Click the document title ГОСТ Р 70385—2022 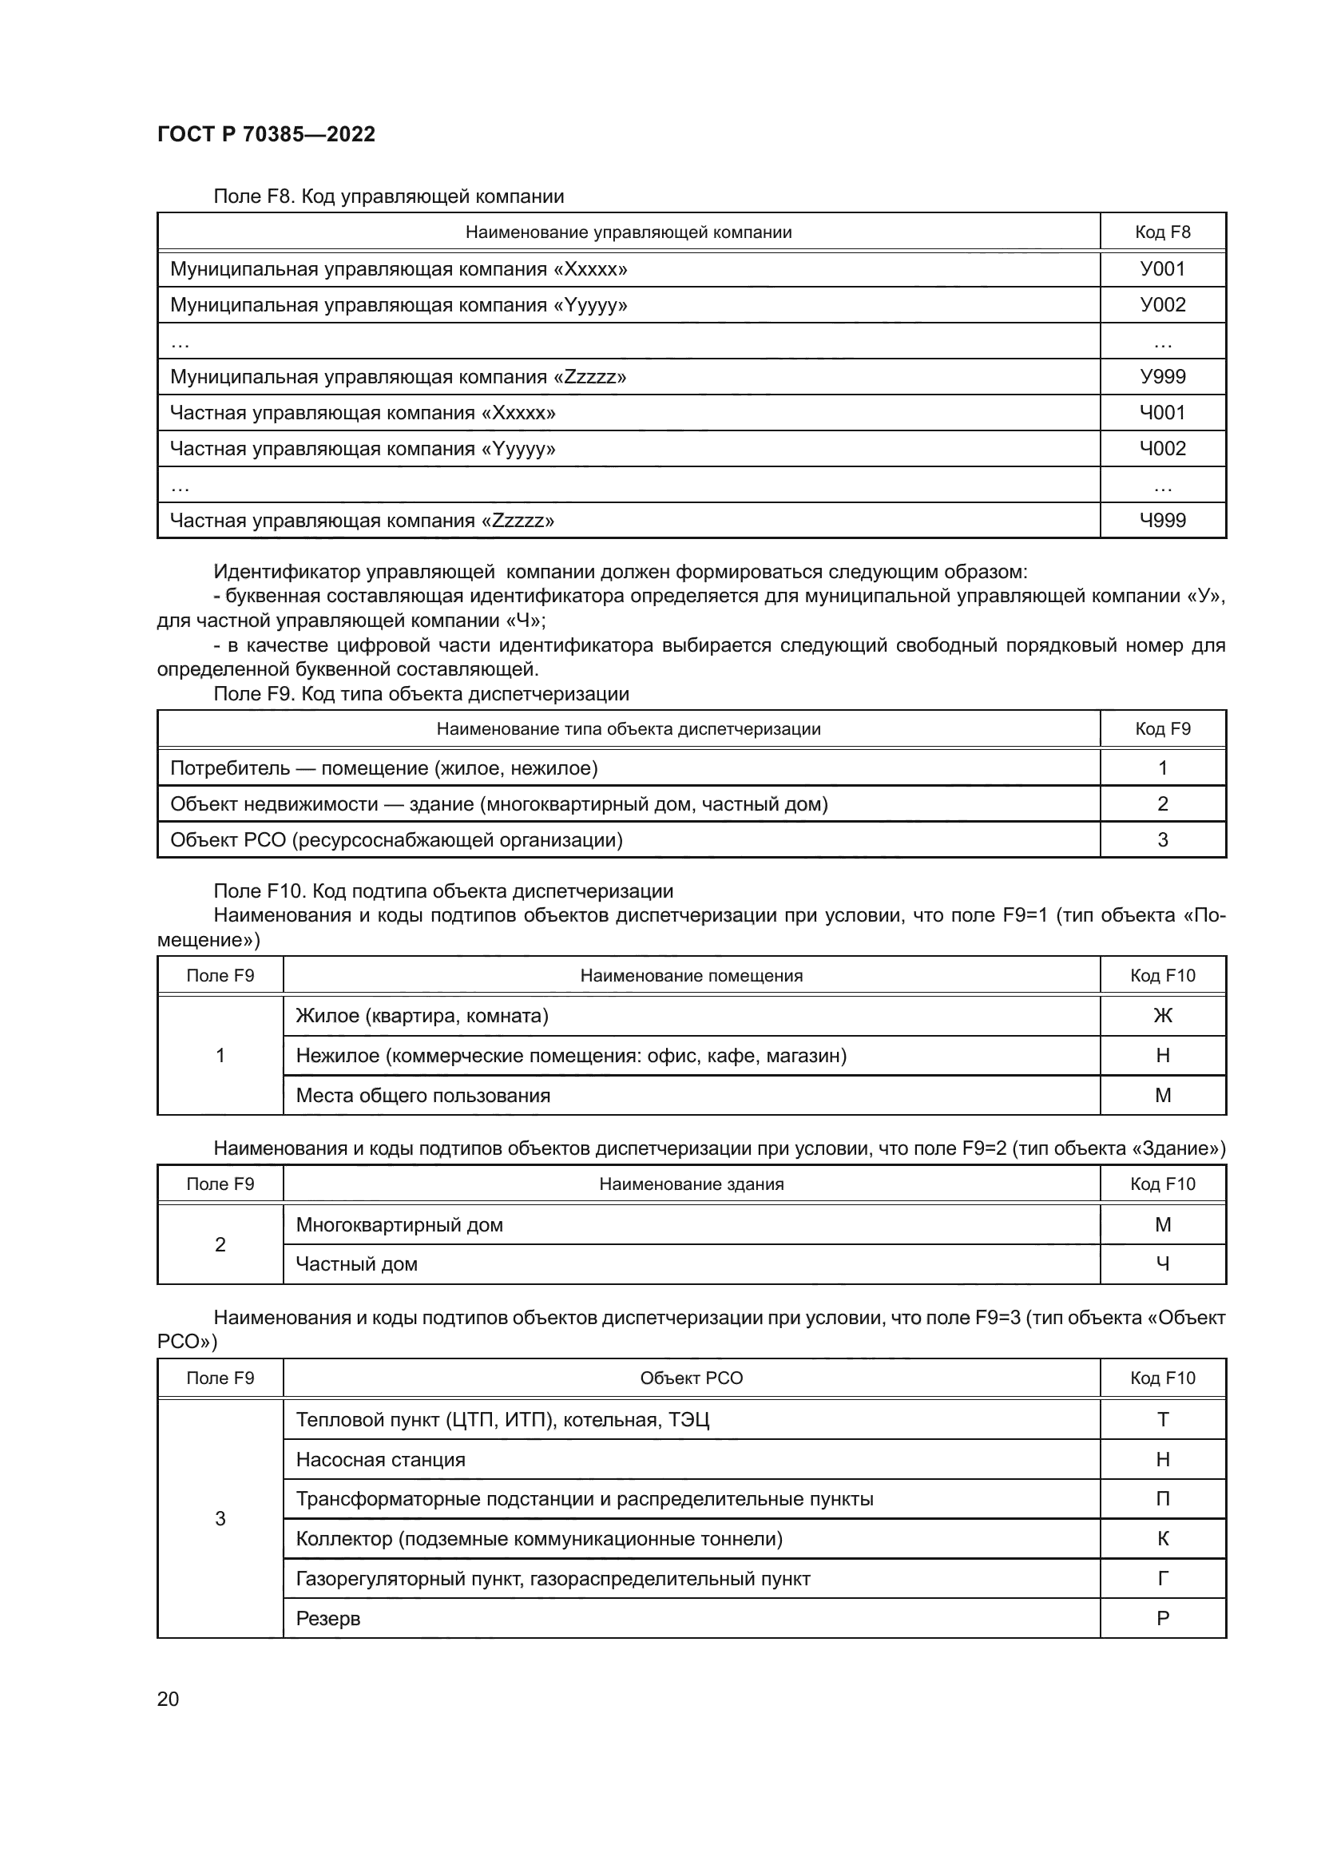point(266,134)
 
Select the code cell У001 point(1162,268)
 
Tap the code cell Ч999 point(1162,520)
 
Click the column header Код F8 point(1162,232)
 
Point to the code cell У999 point(1162,377)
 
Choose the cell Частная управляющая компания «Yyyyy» point(362,448)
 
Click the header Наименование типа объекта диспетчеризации point(628,729)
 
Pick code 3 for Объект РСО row point(1162,839)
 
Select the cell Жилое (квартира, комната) point(422,1015)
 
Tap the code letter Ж point(1162,1015)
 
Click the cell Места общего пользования point(422,1095)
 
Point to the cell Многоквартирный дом point(399,1224)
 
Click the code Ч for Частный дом point(1162,1263)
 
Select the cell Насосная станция point(380,1460)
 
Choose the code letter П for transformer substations point(1162,1498)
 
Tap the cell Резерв point(327,1618)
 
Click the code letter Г point(1162,1578)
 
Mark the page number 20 point(168,1699)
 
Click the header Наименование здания point(692,1184)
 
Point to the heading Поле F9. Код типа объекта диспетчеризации point(421,694)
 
